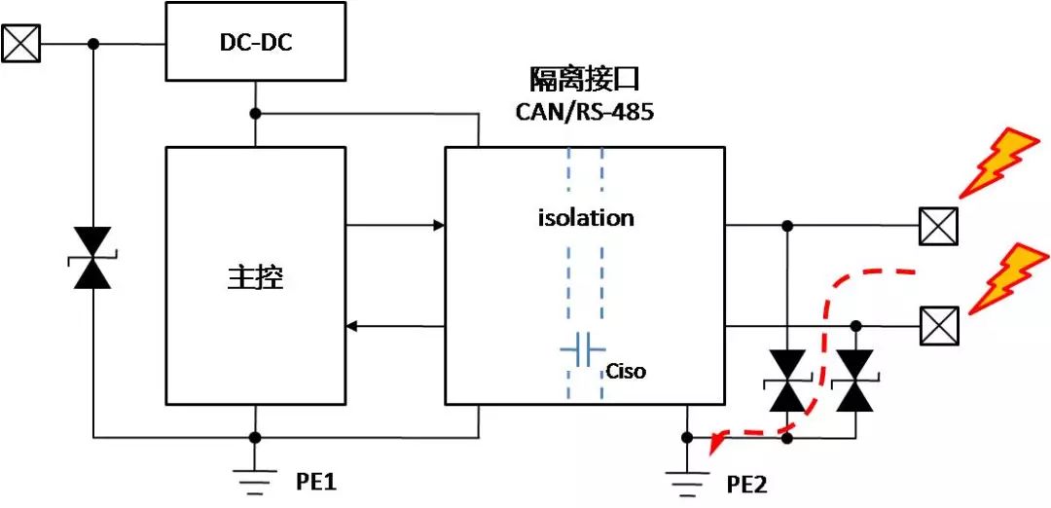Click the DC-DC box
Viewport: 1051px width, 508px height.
click(255, 42)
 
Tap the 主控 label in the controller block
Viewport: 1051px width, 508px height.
click(255, 278)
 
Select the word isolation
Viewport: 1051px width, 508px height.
click(586, 218)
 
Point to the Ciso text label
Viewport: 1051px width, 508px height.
click(626, 371)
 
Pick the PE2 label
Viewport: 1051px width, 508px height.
click(746, 484)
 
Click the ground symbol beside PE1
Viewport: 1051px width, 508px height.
click(255, 483)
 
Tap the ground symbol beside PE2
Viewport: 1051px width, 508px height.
click(686, 484)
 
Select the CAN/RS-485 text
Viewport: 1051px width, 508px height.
click(585, 111)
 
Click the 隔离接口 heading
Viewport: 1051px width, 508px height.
click(585, 81)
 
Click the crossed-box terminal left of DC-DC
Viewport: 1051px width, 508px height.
click(20, 44)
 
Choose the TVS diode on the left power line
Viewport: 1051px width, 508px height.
click(92, 258)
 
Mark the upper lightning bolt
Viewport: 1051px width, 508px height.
click(998, 163)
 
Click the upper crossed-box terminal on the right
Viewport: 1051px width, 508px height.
click(938, 226)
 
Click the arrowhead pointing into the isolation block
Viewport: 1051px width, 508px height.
click(440, 225)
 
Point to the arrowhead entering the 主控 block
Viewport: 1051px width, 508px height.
click(352, 326)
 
